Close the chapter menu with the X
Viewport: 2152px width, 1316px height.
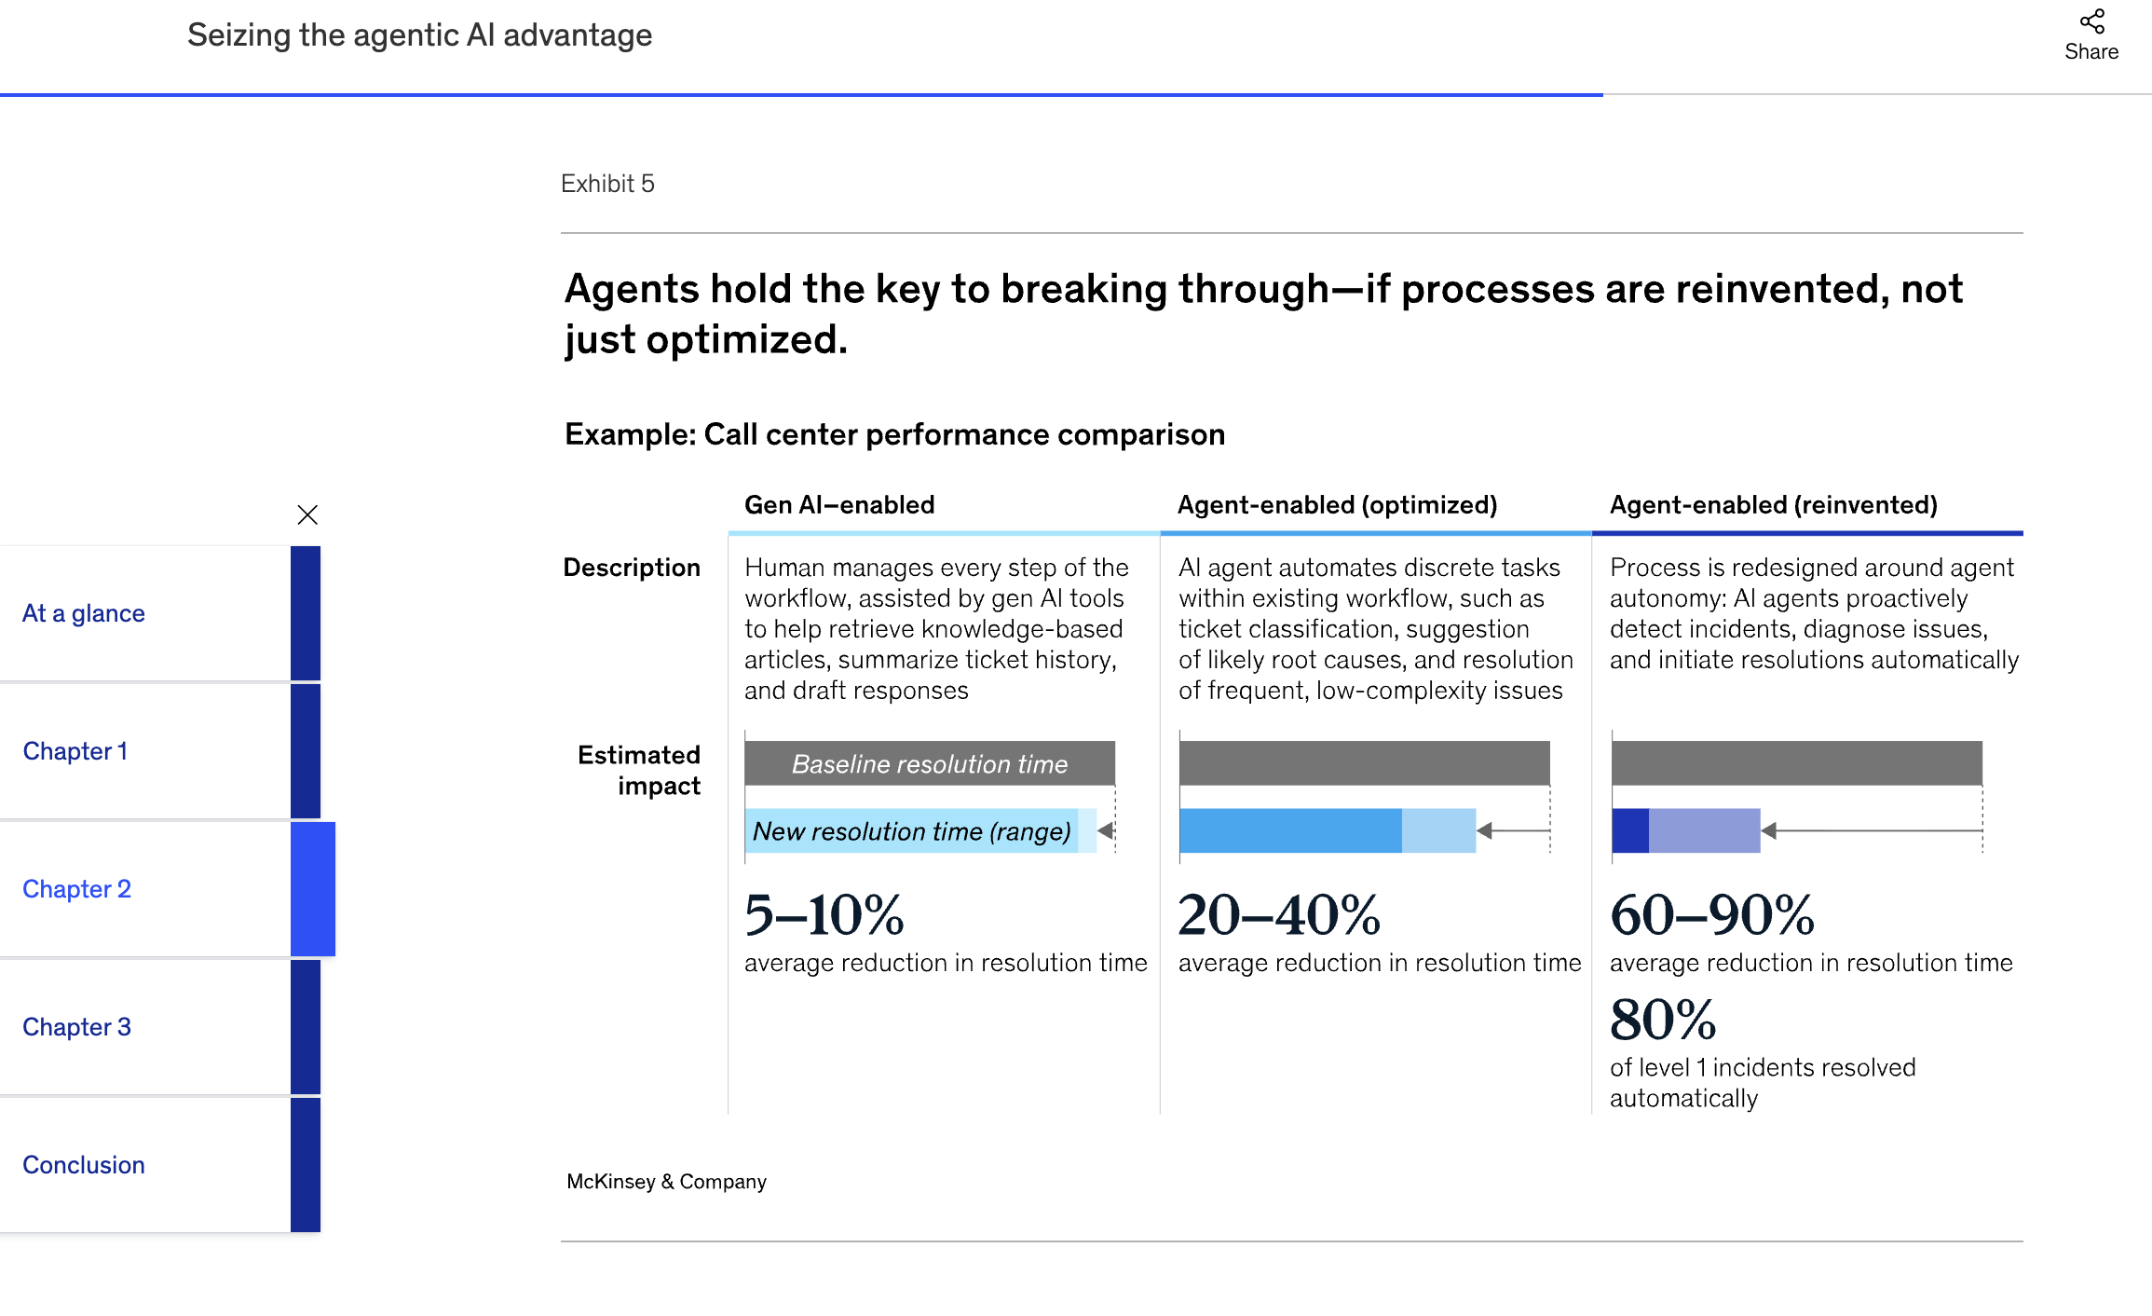tap(307, 514)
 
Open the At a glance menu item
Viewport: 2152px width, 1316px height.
tap(84, 613)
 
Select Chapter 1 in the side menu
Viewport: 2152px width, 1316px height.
tap(75, 751)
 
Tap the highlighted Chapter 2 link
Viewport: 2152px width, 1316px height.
tap(77, 889)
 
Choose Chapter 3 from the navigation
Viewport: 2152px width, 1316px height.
tap(77, 1027)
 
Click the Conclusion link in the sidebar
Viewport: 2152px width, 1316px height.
tap(84, 1165)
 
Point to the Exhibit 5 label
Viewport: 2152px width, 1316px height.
tap(607, 184)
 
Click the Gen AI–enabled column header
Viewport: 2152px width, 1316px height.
tap(838, 505)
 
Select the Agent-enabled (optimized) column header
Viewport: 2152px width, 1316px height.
tap(1337, 505)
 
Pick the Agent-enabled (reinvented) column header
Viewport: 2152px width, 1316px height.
tap(1773, 505)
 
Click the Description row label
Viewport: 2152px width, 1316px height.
tap(632, 568)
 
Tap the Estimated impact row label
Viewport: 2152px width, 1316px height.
tap(640, 770)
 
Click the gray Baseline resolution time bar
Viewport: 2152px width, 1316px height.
tap(929, 763)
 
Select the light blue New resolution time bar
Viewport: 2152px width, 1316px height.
tap(911, 830)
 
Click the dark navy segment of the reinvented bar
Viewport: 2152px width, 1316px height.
tap(1629, 830)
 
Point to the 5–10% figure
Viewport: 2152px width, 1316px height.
tap(824, 915)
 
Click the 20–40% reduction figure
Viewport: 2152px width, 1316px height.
tap(1278, 915)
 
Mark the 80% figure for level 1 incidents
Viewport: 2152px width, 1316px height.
tap(1663, 1020)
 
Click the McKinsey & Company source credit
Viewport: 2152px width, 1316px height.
tap(666, 1182)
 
